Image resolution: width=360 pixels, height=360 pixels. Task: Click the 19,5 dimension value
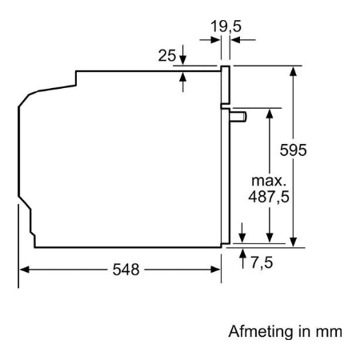[x=226, y=26]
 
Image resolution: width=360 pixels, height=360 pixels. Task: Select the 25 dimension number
[x=167, y=56]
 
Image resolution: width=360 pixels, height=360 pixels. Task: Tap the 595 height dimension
[x=293, y=150]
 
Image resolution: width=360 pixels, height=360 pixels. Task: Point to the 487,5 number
[x=269, y=197]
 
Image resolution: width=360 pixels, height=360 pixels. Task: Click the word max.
[x=269, y=181]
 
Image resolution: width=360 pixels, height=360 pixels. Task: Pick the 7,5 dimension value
[x=262, y=262]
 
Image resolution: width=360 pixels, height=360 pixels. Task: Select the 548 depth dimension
[x=126, y=270]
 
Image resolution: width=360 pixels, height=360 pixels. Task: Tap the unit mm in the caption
[x=329, y=332]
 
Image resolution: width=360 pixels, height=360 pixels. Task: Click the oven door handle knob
[x=238, y=117]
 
